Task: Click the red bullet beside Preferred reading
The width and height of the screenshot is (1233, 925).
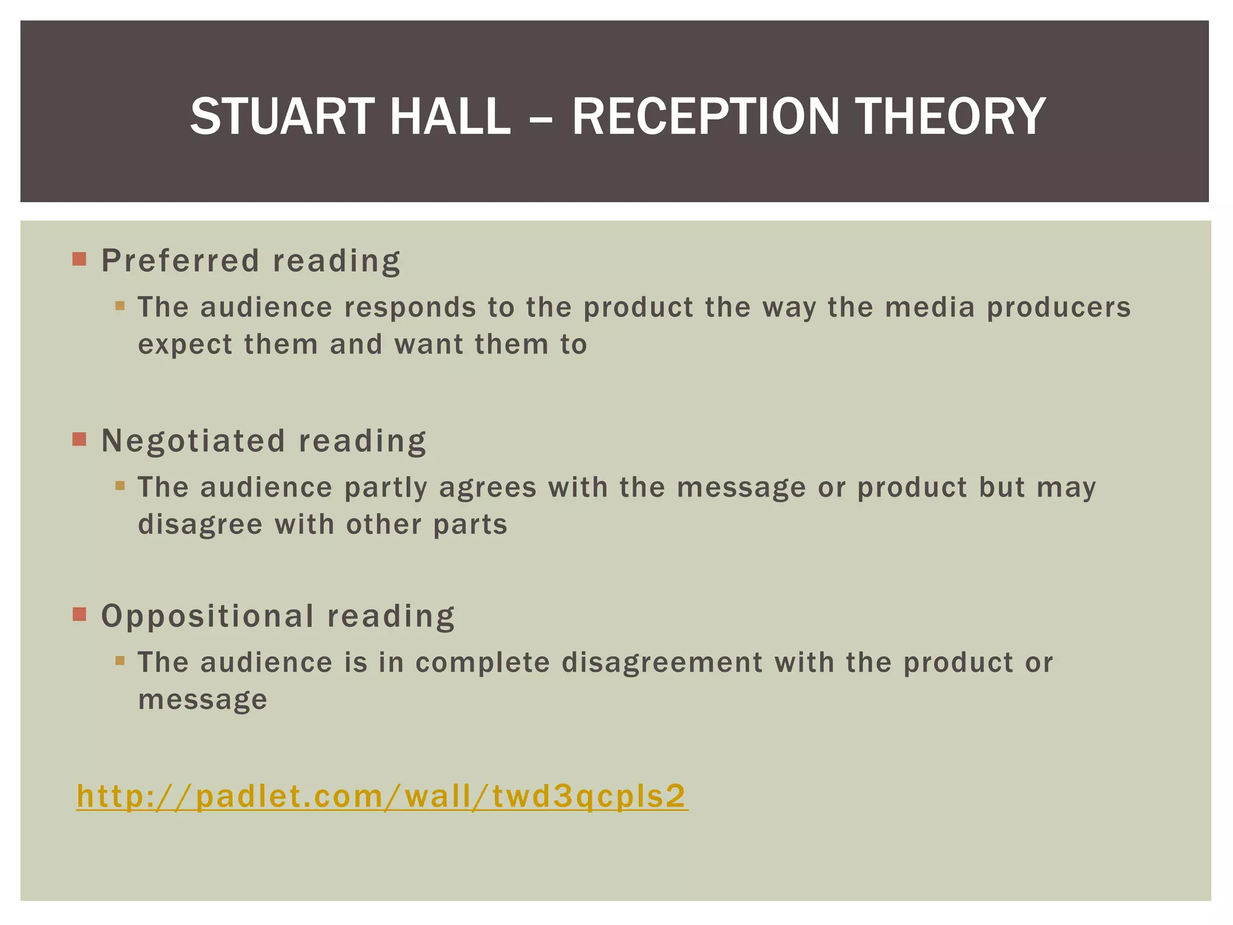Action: coord(79,260)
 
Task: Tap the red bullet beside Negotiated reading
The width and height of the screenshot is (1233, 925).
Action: coord(79,439)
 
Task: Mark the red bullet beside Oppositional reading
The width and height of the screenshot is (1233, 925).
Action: coord(79,614)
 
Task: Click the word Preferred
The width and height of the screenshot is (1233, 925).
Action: coord(180,261)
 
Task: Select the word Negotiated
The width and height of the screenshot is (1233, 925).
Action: coord(193,440)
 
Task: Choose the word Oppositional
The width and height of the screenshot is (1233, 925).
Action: coord(207,616)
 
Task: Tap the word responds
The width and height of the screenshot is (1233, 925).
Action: coord(410,308)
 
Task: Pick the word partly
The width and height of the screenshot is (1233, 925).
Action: coord(385,487)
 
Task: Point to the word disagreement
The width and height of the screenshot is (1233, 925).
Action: coord(662,662)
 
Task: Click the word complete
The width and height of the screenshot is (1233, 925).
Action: coord(482,662)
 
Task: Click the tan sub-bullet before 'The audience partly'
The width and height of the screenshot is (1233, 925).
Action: coord(120,485)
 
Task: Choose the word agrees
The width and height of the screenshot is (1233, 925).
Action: coord(488,487)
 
